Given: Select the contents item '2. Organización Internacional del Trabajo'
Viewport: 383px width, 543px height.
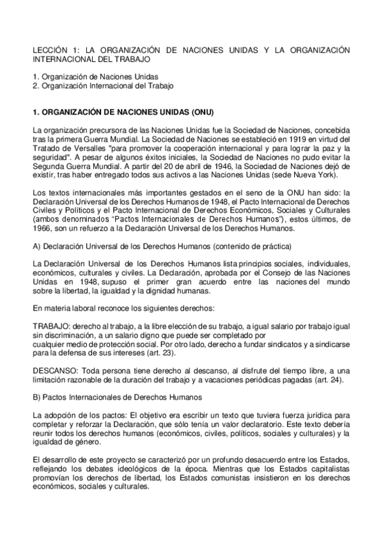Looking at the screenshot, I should point(103,85).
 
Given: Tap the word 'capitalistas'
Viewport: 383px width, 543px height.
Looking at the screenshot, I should point(327,468).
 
